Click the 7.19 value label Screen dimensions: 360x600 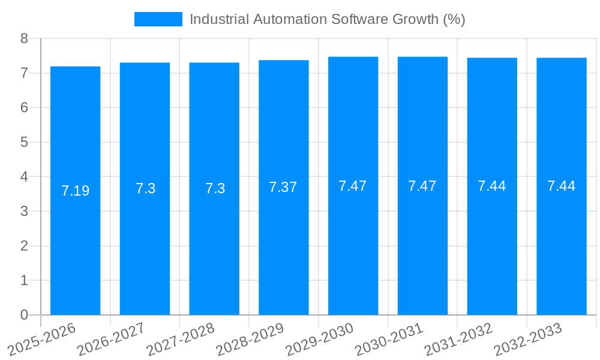pyautogui.click(x=75, y=191)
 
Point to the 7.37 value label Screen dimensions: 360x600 pyautogui.click(x=283, y=187)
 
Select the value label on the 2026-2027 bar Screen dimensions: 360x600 pyautogui.click(x=145, y=188)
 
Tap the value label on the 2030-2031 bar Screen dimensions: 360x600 pyautogui.click(x=422, y=186)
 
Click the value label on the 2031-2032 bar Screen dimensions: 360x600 pyautogui.click(x=492, y=186)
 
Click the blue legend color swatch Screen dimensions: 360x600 pyautogui.click(x=158, y=19)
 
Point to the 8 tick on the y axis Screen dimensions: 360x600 pyautogui.click(x=24, y=38)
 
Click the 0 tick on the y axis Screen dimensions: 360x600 pyautogui.click(x=24, y=315)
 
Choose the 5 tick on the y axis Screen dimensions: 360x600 pyautogui.click(x=24, y=142)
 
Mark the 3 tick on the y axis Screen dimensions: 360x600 pyautogui.click(x=24, y=211)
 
